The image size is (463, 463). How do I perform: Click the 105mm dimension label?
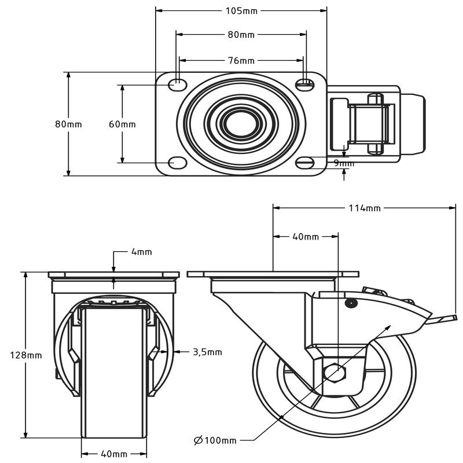point(241,10)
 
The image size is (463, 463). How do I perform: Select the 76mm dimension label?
point(241,60)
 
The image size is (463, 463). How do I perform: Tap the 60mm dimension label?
point(123,124)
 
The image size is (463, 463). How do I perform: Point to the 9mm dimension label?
point(344,163)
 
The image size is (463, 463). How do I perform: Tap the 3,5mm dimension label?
point(207,351)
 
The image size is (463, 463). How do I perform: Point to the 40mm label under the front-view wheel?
point(114,454)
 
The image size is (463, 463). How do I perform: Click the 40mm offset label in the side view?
point(305,237)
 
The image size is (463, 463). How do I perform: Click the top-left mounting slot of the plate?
point(176,84)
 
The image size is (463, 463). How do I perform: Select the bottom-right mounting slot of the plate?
point(306,163)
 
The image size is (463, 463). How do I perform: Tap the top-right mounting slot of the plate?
point(305,84)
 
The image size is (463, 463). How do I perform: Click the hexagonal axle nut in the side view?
point(337,370)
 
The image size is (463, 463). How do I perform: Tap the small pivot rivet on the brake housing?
point(350,303)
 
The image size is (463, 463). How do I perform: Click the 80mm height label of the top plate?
point(68,124)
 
